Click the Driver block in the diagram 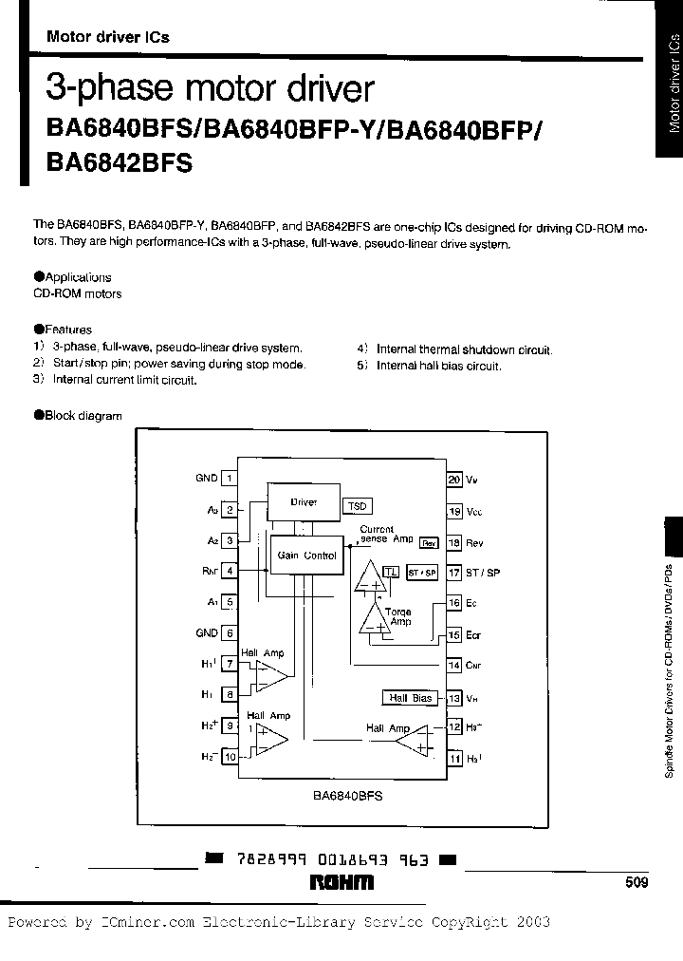[304, 502]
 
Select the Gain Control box [305, 556]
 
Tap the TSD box [357, 506]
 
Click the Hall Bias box [410, 698]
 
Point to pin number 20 [454, 480]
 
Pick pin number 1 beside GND [229, 479]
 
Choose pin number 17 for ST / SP [454, 573]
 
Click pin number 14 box [454, 666]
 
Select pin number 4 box [229, 572]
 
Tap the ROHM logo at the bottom [342, 883]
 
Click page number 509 [637, 883]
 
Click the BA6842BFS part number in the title [119, 162]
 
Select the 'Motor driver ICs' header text [108, 37]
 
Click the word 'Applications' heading [78, 277]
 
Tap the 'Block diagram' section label [83, 415]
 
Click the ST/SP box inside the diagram [421, 573]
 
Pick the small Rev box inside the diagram [429, 543]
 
